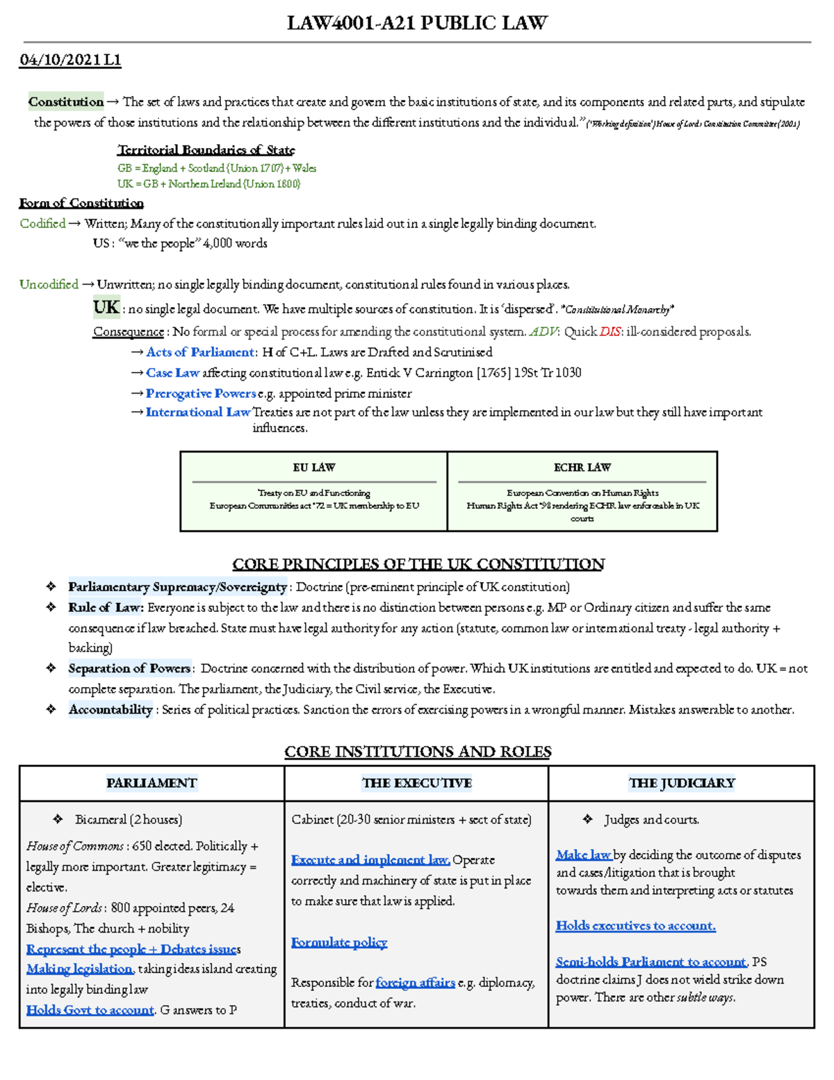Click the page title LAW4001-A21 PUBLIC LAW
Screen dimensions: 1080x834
coord(417,23)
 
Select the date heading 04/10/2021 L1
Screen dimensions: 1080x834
coord(70,61)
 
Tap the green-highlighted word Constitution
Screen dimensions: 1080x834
coord(66,102)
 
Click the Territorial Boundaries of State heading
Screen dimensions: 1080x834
coord(206,150)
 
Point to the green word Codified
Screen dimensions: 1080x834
coord(42,223)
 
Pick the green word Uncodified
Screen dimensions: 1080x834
coord(49,284)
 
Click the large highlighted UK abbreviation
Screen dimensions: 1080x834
coord(106,307)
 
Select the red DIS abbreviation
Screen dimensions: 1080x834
coord(610,332)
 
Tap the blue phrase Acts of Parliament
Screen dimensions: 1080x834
coord(200,353)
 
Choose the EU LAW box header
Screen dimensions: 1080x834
coord(313,467)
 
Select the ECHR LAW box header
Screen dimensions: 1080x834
coord(582,467)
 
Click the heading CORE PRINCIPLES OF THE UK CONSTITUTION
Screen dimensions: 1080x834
coord(418,564)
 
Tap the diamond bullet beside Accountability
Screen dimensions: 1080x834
coord(51,709)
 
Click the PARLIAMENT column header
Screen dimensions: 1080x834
coord(152,783)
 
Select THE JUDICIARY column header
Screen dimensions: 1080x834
coord(681,783)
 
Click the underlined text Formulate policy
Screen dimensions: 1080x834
coord(339,942)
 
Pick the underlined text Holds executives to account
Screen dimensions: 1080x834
coord(635,926)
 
